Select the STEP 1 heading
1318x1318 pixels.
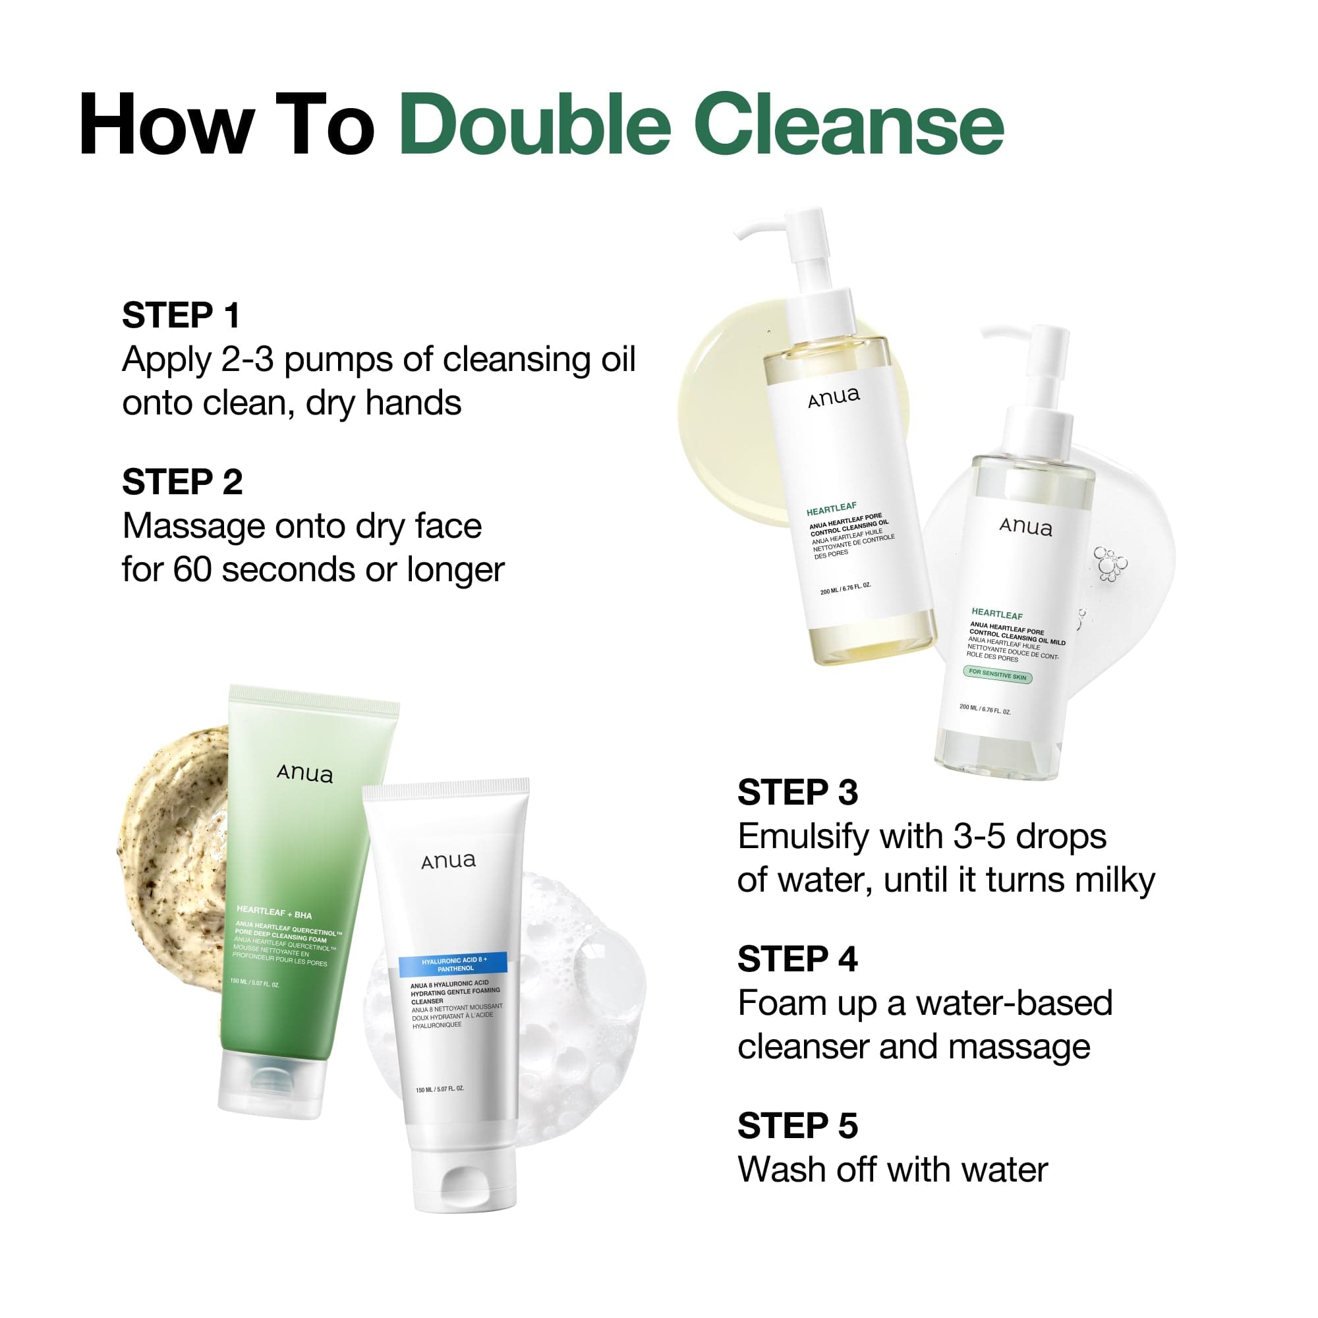click(x=181, y=315)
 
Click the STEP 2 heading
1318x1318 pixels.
click(x=182, y=482)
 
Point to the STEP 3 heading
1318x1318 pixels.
click(x=797, y=793)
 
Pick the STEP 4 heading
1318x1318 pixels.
click(x=797, y=959)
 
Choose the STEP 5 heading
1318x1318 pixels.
click(x=797, y=1126)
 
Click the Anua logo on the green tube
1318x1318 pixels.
click(x=305, y=774)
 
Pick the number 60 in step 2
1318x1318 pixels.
click(x=192, y=569)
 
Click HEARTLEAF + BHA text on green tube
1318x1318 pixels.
click(x=273, y=912)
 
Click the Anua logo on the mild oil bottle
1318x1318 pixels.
click(x=1025, y=527)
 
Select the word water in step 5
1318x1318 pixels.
click(x=1004, y=1169)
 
